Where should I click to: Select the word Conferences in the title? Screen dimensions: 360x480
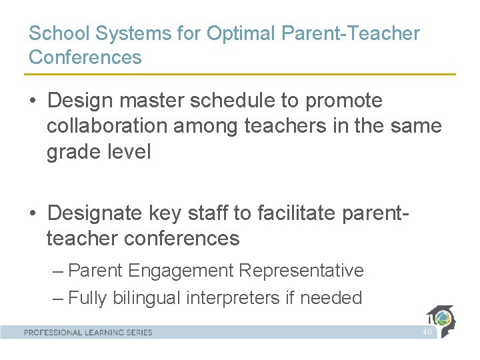[85, 57]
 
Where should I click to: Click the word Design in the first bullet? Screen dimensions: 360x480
[81, 101]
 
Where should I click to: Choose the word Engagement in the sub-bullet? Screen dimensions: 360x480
[181, 271]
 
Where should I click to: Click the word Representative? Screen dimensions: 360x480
[301, 271]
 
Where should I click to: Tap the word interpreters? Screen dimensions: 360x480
[233, 297]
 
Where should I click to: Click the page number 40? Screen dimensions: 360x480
[427, 331]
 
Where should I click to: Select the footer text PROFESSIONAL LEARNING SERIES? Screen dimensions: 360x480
[88, 332]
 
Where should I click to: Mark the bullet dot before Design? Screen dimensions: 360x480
[33, 101]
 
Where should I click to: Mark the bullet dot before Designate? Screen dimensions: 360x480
[33, 213]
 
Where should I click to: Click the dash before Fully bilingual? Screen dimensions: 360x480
[58, 297]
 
